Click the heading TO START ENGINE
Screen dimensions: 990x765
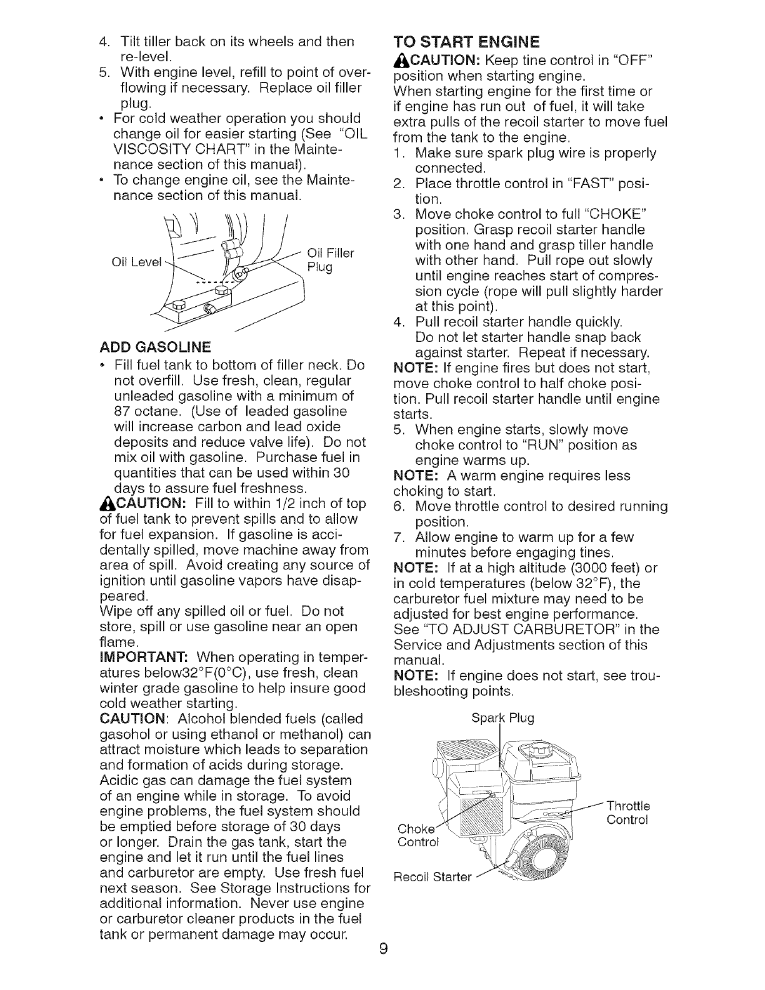click(466, 42)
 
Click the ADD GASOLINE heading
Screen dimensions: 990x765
click(156, 347)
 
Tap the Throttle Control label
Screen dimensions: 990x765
click(628, 812)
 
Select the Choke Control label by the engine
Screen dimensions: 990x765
click(418, 836)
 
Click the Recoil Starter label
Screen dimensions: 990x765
click(432, 877)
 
